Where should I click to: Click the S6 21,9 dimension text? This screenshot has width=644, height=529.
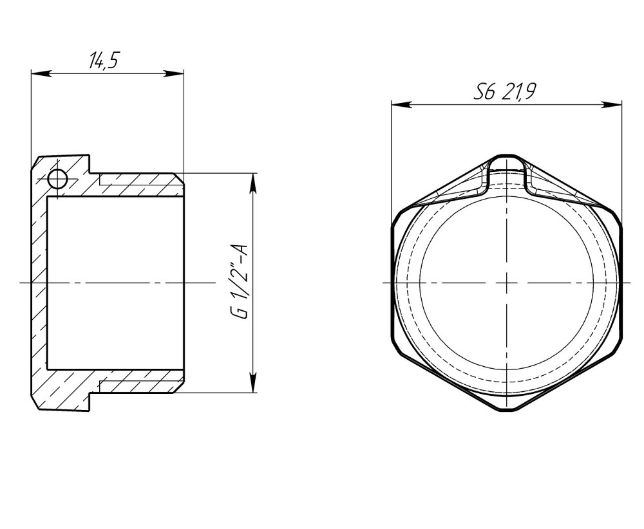coord(505,93)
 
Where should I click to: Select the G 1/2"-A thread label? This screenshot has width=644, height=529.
coord(239,281)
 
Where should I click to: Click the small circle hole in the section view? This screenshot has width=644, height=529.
coord(57,180)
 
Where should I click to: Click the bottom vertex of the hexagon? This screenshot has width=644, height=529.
coord(507,410)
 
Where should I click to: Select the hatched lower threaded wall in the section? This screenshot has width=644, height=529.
coord(138,380)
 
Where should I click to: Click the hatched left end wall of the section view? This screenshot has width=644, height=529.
coord(40,283)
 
